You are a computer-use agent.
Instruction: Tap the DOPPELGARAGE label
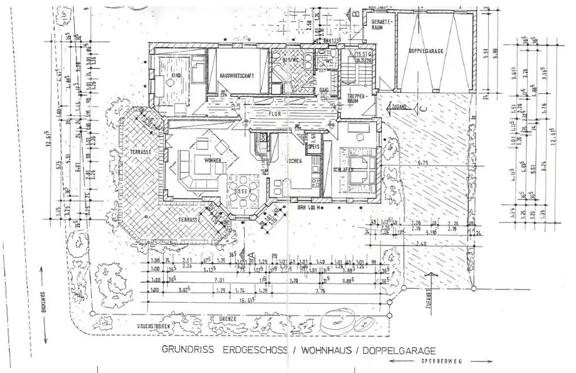(425, 51)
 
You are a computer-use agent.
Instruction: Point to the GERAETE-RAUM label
(381, 24)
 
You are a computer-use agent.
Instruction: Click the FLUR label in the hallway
(275, 114)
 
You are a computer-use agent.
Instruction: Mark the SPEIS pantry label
(313, 146)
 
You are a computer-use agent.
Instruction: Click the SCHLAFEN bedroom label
(343, 169)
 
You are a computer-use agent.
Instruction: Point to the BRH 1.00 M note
(309, 207)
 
